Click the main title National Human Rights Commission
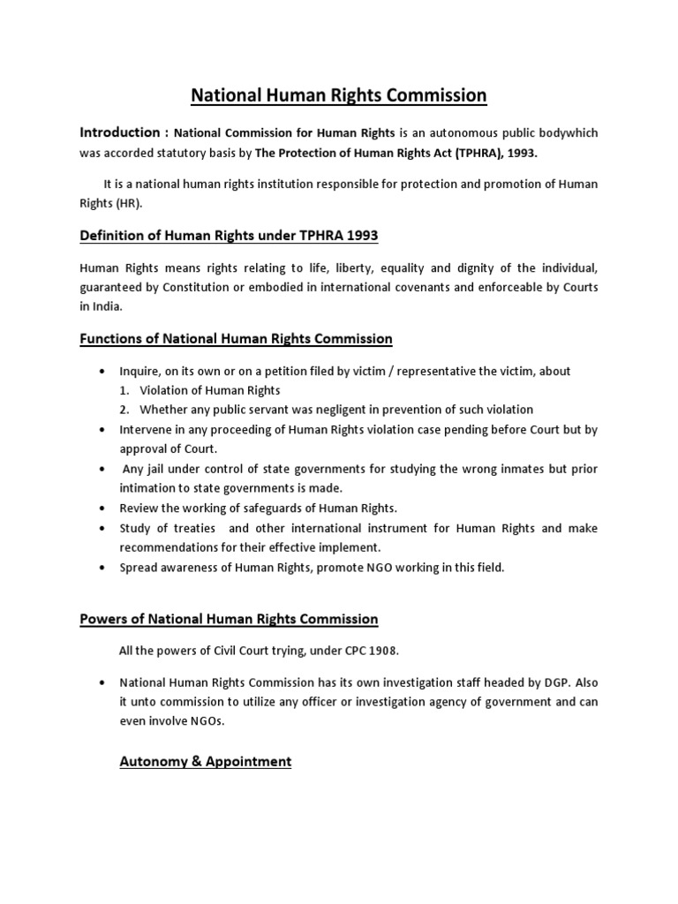339,94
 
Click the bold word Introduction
119,132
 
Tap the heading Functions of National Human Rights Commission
236,338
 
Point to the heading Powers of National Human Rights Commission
229,619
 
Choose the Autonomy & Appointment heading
206,761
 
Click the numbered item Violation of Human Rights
210,390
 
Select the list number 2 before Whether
125,410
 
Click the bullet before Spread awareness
103,568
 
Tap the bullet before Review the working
103,508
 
